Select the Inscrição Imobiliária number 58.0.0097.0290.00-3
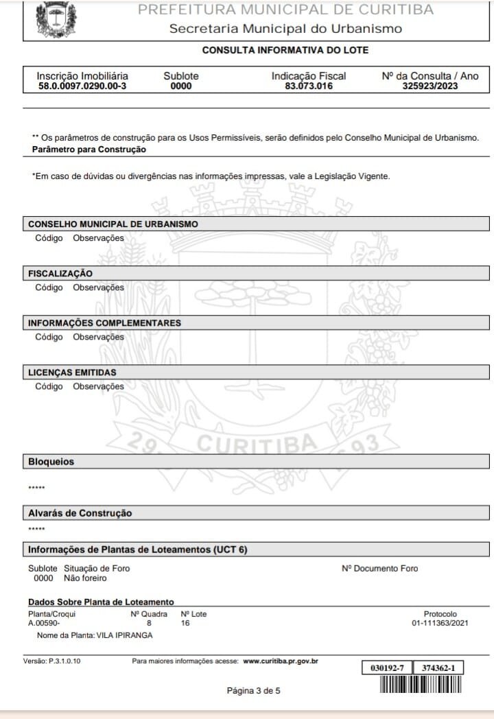click(82, 86)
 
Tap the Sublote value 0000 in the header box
click(181, 86)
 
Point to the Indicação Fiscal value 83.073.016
click(309, 86)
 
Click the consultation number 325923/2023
click(430, 86)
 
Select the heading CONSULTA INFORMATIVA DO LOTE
click(285, 51)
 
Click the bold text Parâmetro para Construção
click(89, 149)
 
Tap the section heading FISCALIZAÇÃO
click(60, 274)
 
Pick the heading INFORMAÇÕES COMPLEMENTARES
click(104, 323)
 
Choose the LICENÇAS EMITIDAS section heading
click(72, 373)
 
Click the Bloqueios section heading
click(51, 462)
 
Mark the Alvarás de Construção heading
click(80, 513)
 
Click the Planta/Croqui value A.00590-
click(44, 624)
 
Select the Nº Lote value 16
click(185, 624)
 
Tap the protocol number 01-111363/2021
click(440, 624)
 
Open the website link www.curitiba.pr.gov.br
click(281, 661)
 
